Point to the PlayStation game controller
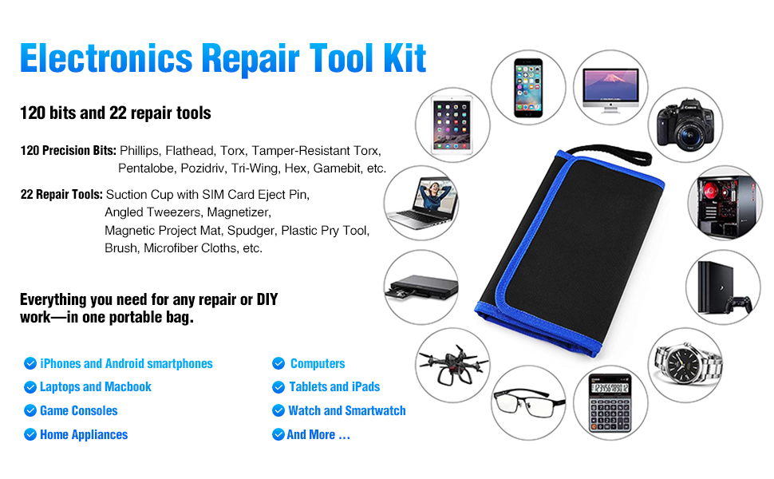pos(741,304)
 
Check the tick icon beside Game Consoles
pos(30,410)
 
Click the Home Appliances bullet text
pos(84,434)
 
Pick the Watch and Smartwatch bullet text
pos(347,410)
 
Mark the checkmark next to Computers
pos(278,363)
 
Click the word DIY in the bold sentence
pos(267,300)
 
